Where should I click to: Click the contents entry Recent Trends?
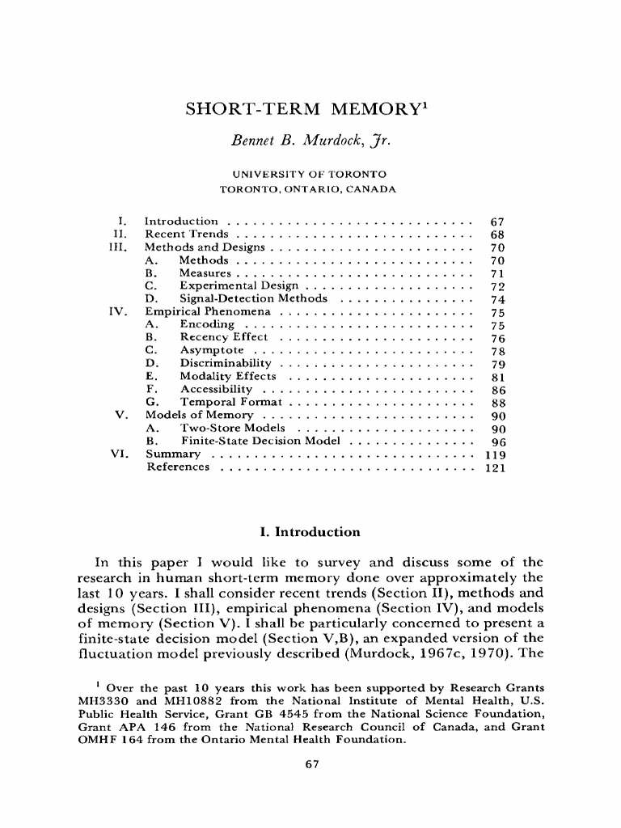pos(186,234)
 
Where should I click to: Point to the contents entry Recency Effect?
pos(223,337)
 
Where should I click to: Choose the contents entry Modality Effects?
pos(229,376)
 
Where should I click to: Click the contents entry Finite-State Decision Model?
pos(262,441)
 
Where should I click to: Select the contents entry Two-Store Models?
pos(232,428)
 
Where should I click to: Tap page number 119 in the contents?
pos(494,454)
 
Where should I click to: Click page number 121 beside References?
pos(494,467)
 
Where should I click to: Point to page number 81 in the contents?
pos(497,376)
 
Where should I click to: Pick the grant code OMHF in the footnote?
pos(97,740)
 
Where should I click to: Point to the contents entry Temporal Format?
pos(230,402)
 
